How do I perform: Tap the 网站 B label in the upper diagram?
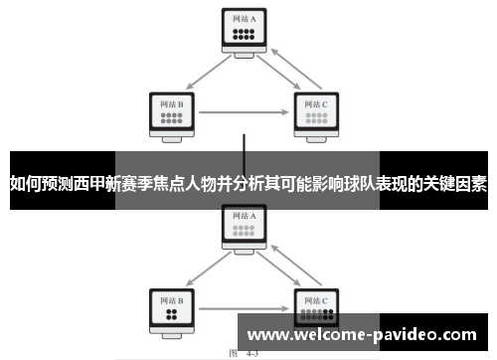[171, 101]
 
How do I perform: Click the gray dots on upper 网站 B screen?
[171, 117]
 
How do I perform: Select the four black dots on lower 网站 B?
[171, 314]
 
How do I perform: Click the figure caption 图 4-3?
[245, 353]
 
